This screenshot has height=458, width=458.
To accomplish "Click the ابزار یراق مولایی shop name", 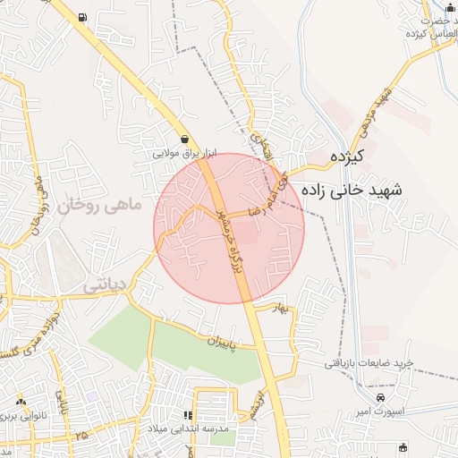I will [x=184, y=154].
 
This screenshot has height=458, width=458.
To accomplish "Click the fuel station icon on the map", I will [x=83, y=17].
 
